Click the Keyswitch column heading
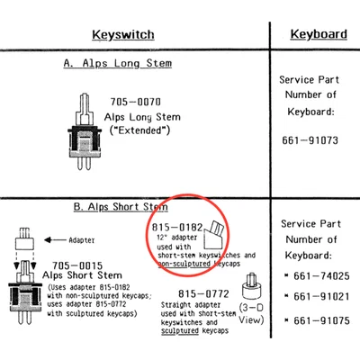point(123,35)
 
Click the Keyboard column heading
point(319,34)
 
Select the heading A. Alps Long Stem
point(118,64)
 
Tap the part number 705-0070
point(136,102)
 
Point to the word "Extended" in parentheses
point(139,130)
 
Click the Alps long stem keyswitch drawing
point(84,131)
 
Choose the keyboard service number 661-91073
point(310,140)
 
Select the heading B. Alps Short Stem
point(121,207)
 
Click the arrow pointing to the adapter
point(55,240)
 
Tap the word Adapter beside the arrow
point(82,240)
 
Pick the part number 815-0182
point(177,227)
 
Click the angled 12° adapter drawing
point(214,235)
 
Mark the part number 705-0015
point(77,265)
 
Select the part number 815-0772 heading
point(203,293)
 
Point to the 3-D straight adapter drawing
point(251,286)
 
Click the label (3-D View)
point(251,314)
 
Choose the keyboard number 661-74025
point(321,276)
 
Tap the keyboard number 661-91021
point(321,297)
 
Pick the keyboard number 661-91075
point(321,320)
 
